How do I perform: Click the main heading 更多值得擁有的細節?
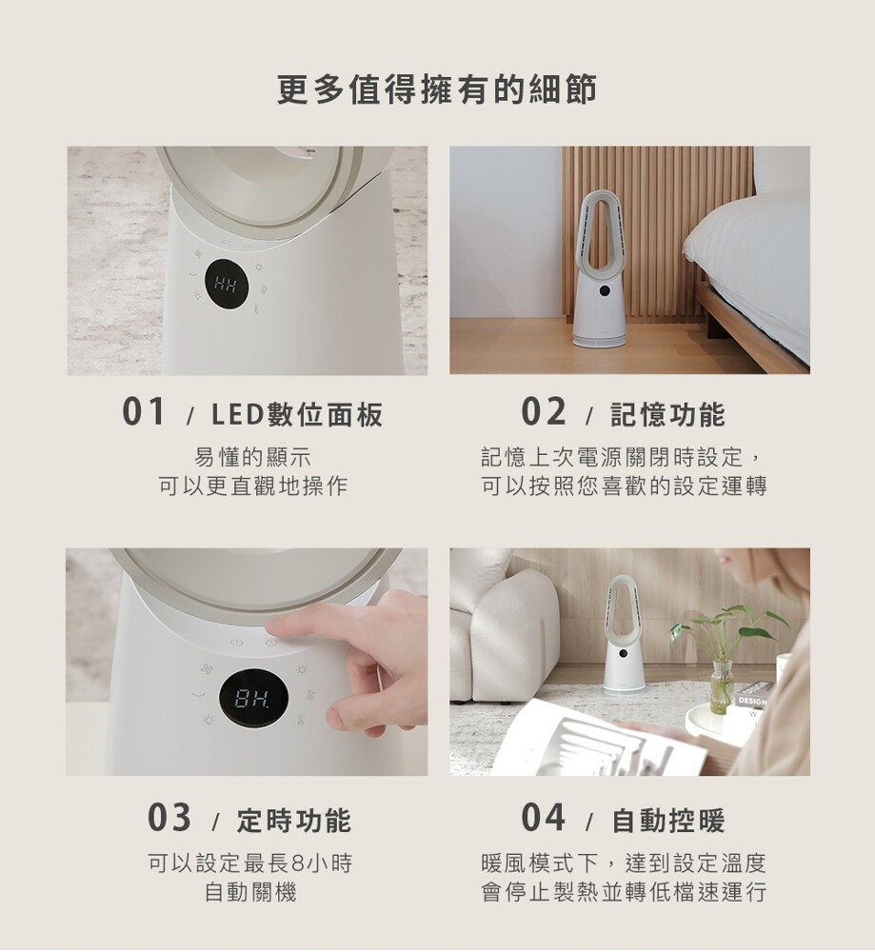click(x=437, y=89)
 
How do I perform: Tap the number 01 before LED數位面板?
click(x=144, y=412)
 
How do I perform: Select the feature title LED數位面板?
click(x=297, y=415)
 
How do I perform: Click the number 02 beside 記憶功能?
click(x=544, y=412)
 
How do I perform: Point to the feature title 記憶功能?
click(x=668, y=415)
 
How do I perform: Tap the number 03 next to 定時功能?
click(x=169, y=818)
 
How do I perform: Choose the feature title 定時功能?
click(x=294, y=821)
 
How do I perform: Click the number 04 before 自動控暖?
click(x=544, y=818)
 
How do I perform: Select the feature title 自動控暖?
click(x=668, y=821)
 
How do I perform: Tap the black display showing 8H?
click(x=253, y=700)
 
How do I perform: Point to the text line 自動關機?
click(x=250, y=893)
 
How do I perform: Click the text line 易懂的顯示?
click(x=252, y=457)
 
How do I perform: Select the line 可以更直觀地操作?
click(x=252, y=486)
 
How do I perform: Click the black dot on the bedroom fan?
click(x=604, y=290)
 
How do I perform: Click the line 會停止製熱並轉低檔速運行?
click(x=625, y=893)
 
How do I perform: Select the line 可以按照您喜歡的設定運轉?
click(x=625, y=486)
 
